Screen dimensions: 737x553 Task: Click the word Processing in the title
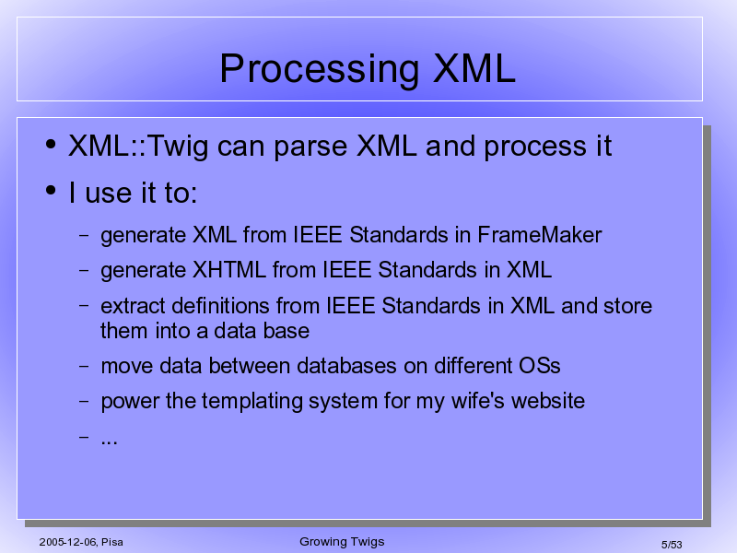[319, 70]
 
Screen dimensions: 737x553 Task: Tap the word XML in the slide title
[474, 68]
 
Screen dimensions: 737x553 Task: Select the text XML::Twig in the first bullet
[138, 147]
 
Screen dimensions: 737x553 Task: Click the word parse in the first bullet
[310, 147]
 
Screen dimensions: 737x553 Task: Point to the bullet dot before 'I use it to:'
[51, 191]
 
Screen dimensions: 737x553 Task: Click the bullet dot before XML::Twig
[51, 144]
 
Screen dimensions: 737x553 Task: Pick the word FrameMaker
[540, 235]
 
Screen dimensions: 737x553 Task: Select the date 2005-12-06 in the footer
[67, 542]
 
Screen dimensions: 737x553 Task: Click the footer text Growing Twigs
[342, 542]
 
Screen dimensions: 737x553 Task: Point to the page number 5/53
[672, 545]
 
